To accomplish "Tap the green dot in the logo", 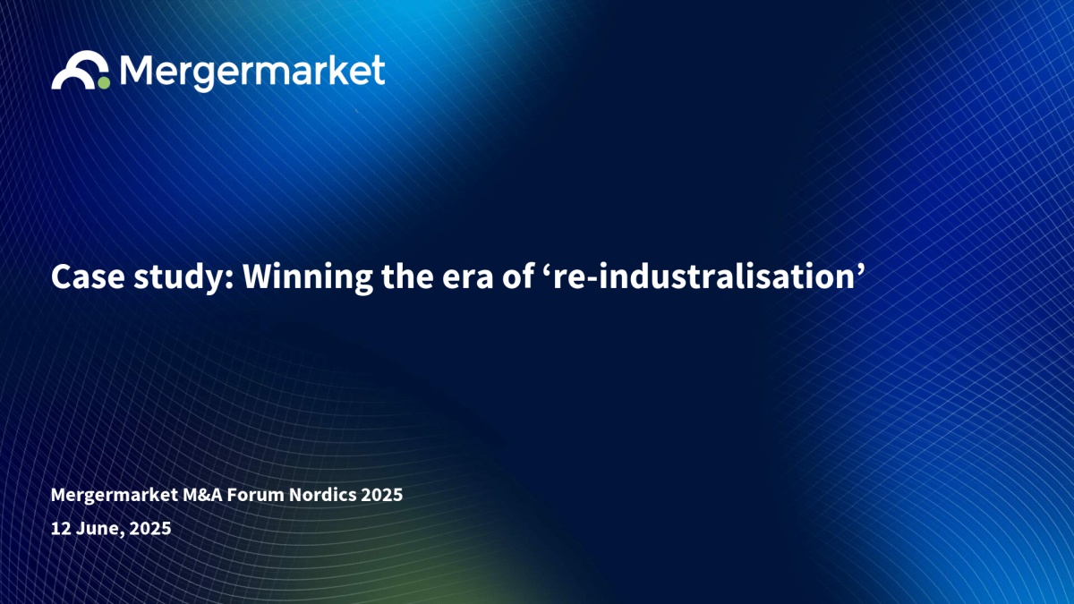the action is click(104, 83).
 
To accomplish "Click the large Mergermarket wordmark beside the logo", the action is click(252, 72).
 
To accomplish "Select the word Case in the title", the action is click(88, 276).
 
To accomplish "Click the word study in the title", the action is click(183, 278).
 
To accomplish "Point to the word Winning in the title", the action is click(307, 278).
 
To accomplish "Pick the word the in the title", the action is click(407, 276).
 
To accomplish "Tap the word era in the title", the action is click(467, 280).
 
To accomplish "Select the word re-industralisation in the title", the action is click(703, 276).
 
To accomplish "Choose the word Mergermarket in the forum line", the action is click(115, 495).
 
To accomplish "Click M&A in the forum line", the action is click(203, 495).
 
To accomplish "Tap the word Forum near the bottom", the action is click(256, 495).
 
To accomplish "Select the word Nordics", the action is click(323, 495).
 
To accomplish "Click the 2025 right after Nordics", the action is click(381, 495).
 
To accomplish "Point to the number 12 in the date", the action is click(61, 528).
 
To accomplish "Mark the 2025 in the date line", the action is click(150, 528).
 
